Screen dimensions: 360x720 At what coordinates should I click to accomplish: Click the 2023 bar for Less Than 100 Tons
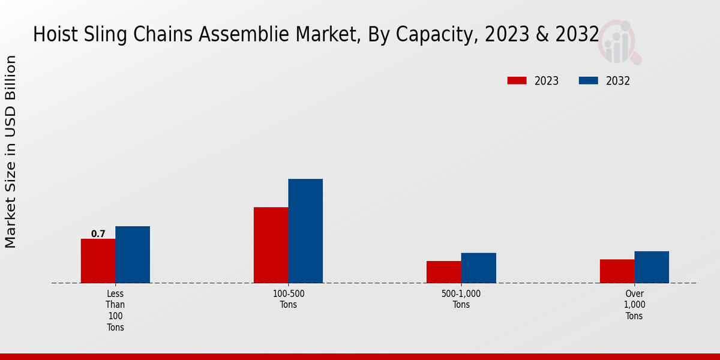click(x=98, y=261)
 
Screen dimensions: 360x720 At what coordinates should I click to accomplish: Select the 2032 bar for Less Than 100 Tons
click(x=133, y=254)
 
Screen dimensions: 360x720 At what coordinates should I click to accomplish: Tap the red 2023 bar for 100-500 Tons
click(x=271, y=245)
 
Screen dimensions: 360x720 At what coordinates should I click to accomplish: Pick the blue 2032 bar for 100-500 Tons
click(x=305, y=231)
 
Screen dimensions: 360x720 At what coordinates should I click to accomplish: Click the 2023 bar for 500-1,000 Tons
click(x=444, y=272)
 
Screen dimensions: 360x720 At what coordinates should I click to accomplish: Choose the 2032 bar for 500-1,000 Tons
click(x=479, y=268)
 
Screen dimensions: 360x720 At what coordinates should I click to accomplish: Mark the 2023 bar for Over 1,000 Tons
click(x=617, y=271)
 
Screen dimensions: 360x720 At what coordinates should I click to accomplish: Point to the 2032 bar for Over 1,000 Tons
click(x=652, y=267)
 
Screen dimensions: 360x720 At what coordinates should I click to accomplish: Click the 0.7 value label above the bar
click(x=98, y=234)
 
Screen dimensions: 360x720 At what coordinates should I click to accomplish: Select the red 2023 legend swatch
click(x=517, y=80)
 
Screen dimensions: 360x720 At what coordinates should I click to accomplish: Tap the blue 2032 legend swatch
click(x=588, y=80)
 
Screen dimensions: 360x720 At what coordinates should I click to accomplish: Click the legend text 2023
click(x=546, y=81)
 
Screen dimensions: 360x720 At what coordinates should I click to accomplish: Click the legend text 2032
click(x=618, y=81)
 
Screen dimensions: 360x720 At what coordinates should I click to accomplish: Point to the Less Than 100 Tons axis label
click(x=115, y=310)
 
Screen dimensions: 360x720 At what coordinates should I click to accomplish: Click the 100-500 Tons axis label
click(x=288, y=299)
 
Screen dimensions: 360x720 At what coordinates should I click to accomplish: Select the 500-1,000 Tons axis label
click(x=461, y=299)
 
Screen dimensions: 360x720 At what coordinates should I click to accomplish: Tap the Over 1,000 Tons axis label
click(x=634, y=305)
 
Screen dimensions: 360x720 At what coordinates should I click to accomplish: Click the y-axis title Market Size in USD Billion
click(x=11, y=151)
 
